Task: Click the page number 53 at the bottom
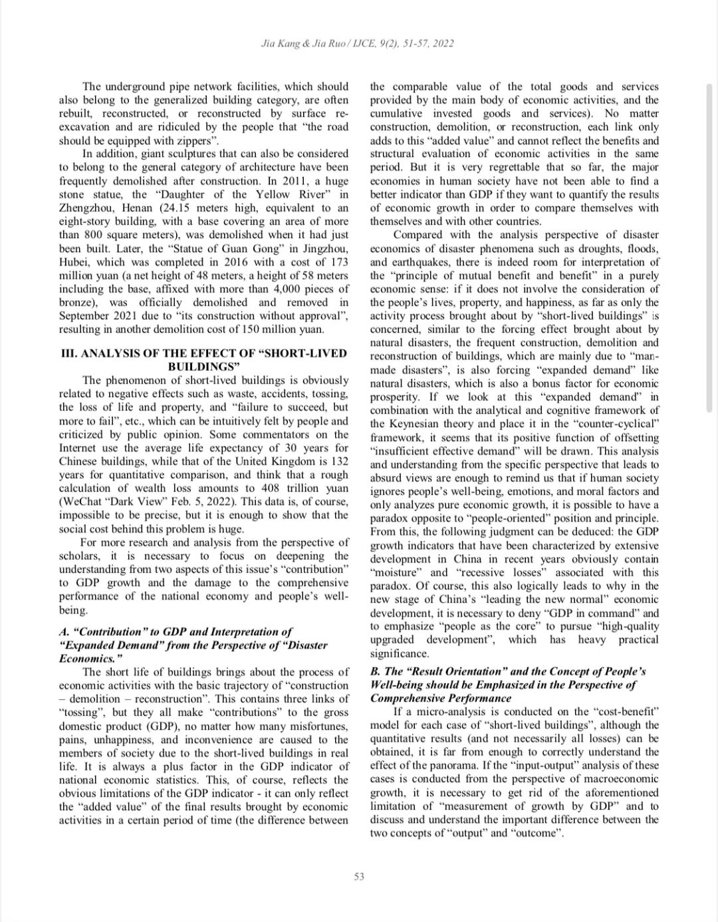pos(359,877)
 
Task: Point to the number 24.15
pos(178,208)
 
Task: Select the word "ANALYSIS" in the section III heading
pos(119,353)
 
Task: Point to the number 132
pos(338,461)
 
